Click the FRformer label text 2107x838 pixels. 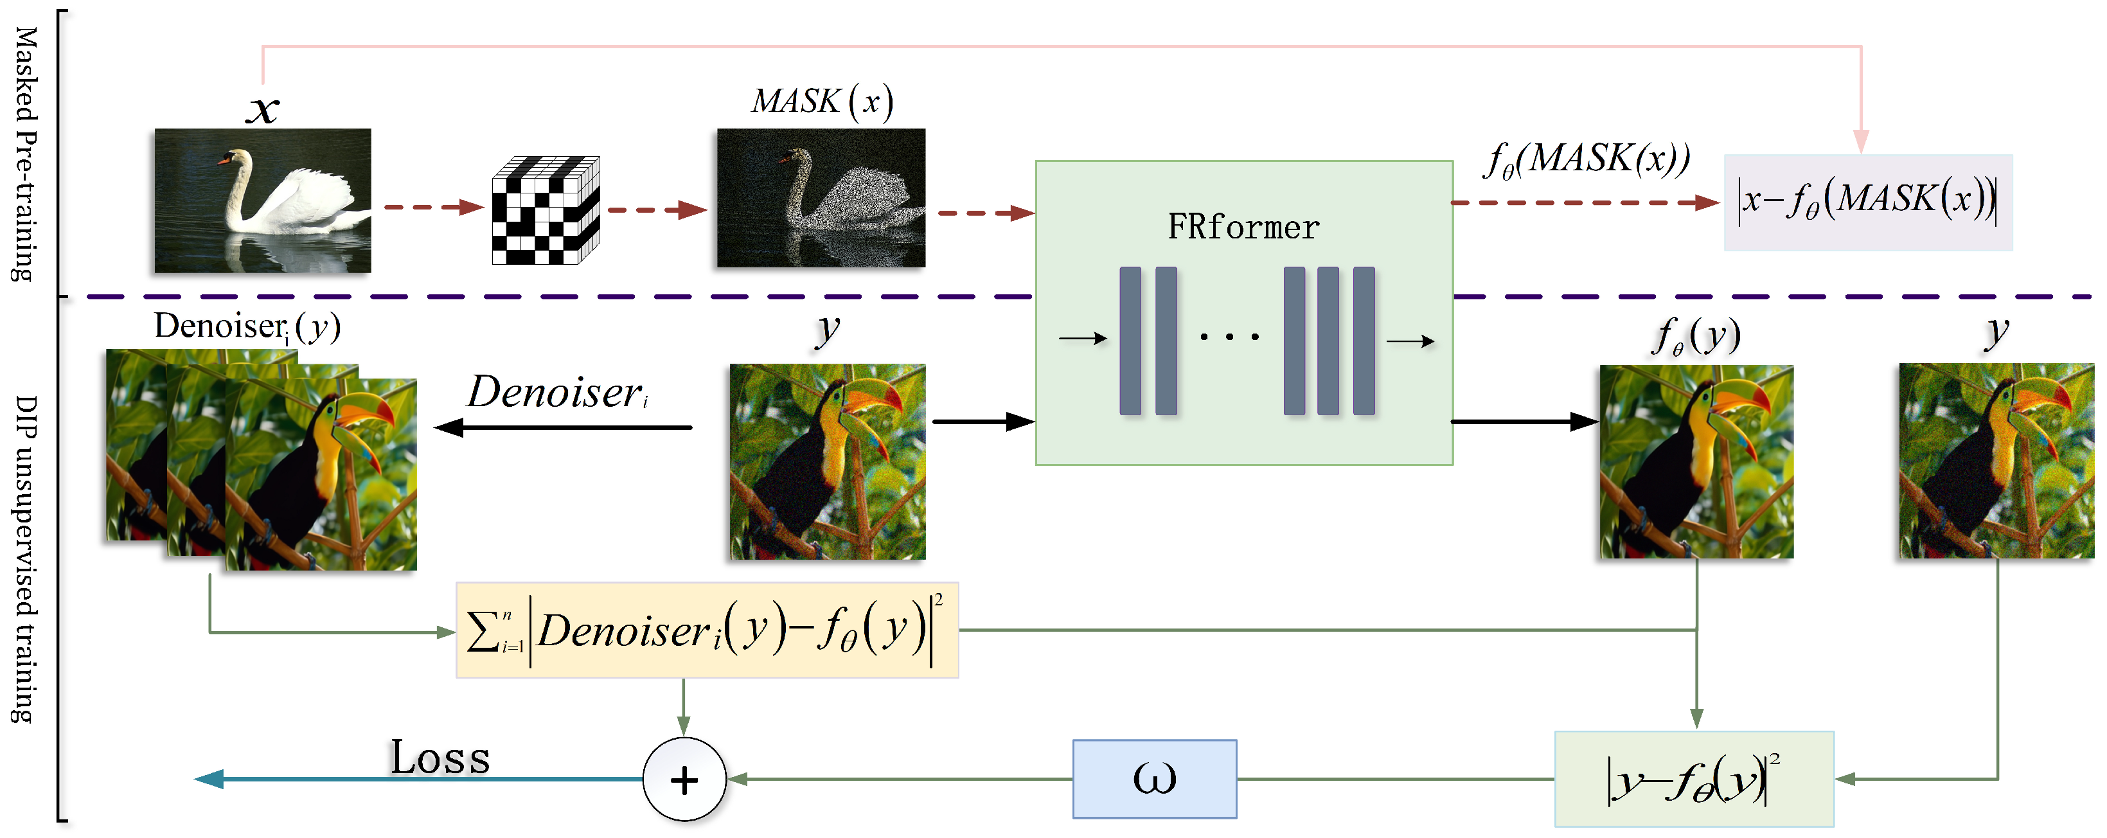1243,227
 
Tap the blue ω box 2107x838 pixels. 1154,778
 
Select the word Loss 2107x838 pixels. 440,758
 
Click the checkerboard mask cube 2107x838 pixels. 546,210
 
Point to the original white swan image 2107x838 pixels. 263,200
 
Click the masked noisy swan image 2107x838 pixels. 821,197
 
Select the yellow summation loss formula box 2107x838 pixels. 707,630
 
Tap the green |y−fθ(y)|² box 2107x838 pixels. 1693,779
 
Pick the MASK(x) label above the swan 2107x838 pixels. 822,102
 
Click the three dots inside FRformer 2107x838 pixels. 1229,336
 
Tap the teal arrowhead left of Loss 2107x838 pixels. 209,779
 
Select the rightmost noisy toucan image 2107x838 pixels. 1996,461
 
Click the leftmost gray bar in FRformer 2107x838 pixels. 1130,341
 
